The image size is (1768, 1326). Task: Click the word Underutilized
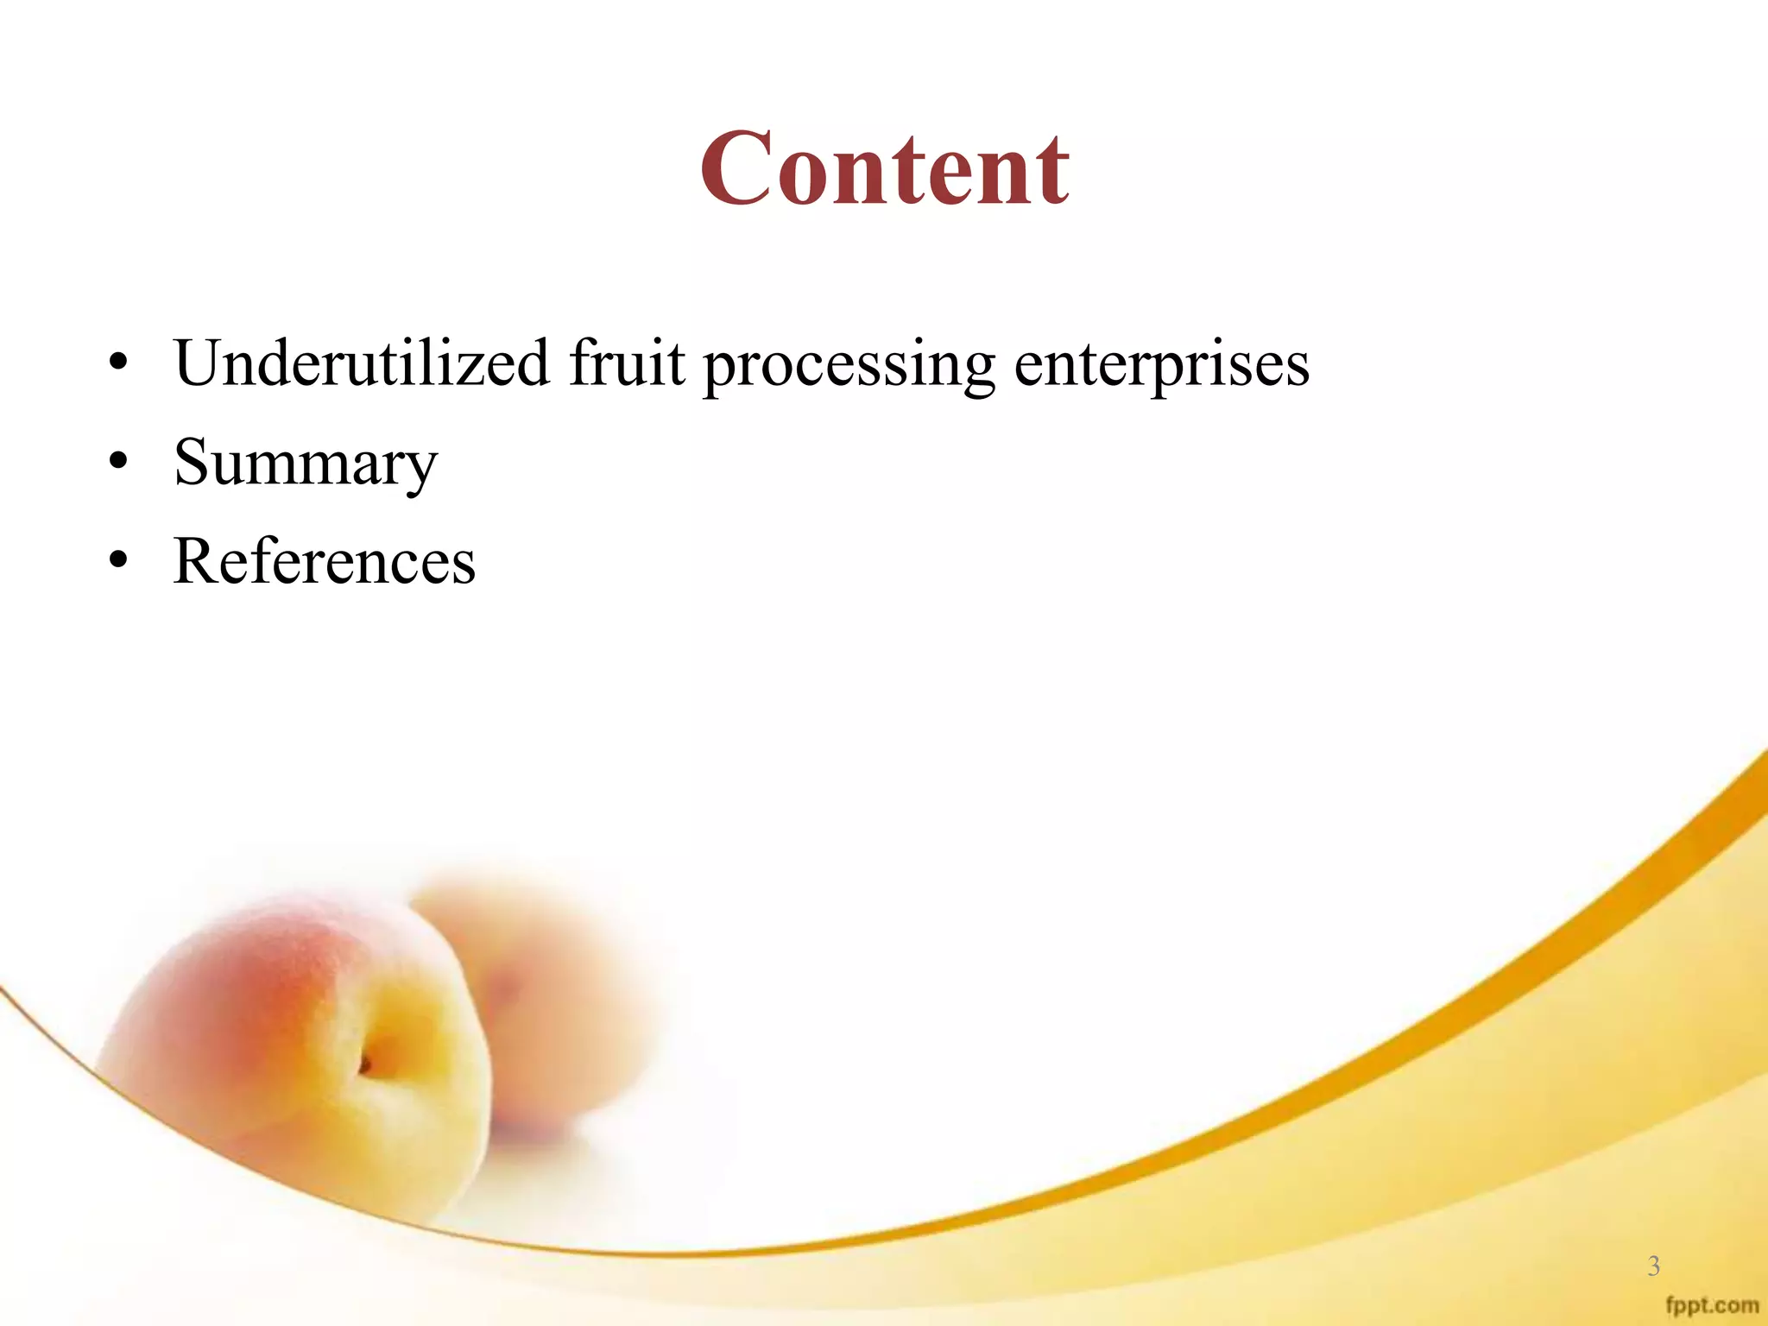361,363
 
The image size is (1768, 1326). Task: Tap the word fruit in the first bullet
626,363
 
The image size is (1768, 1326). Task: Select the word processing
849,364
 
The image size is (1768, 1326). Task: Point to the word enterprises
1161,364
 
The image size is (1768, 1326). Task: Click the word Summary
306,464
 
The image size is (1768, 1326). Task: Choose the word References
324,562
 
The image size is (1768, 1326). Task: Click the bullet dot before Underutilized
118,363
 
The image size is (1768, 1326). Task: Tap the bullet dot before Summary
118,463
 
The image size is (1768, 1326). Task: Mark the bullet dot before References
118,562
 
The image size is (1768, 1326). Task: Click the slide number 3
1653,1266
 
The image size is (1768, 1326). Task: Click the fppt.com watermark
1711,1304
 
